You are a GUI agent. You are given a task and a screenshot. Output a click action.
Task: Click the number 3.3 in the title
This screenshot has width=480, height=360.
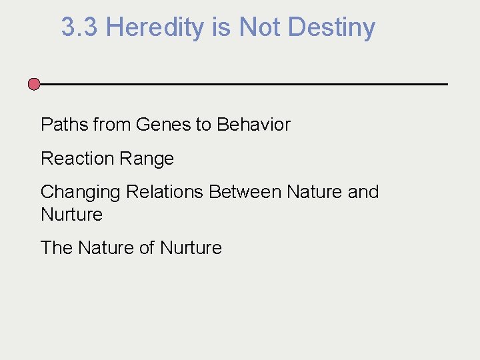(x=80, y=28)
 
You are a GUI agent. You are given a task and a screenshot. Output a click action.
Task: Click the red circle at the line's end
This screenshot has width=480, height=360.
(x=34, y=84)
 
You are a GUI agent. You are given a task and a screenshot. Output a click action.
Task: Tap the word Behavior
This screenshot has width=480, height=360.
(x=254, y=125)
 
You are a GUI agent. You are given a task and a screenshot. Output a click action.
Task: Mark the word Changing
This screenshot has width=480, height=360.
(x=81, y=192)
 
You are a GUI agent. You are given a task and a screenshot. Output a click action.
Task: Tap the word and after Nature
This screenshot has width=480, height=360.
(x=363, y=192)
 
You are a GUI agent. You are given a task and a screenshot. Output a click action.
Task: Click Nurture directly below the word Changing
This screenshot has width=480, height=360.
(x=71, y=215)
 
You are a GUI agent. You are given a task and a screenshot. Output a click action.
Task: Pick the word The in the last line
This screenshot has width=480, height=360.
(x=56, y=248)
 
